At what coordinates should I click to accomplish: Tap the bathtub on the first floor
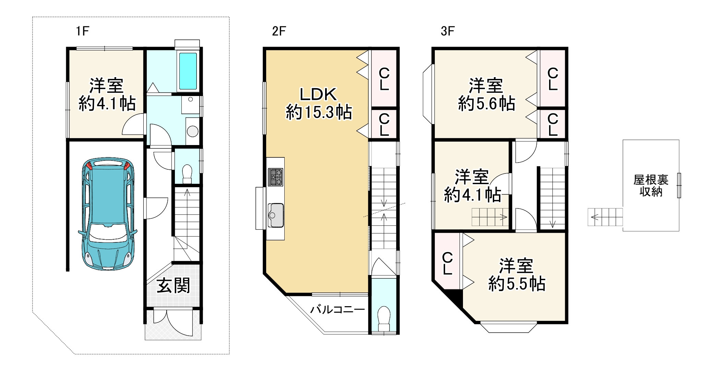point(188,71)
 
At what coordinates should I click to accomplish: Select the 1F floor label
point(82,31)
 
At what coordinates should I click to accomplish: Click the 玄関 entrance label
point(173,286)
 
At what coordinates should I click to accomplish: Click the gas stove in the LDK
point(275,177)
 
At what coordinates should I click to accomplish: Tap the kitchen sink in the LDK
point(275,215)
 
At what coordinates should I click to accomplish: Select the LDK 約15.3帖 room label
point(319,103)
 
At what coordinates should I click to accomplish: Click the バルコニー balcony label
point(337,310)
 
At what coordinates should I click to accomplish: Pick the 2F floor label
point(279,31)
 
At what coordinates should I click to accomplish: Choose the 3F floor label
point(448,31)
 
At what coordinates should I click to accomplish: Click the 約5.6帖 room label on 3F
point(486,103)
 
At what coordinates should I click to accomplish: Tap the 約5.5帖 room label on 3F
point(517,284)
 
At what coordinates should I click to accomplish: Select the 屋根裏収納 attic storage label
point(651,185)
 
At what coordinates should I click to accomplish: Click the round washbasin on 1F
point(192,131)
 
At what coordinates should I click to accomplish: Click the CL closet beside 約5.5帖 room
point(448,263)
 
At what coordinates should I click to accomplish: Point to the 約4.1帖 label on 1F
point(107,103)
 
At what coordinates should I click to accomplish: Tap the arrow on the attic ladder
point(595,217)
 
